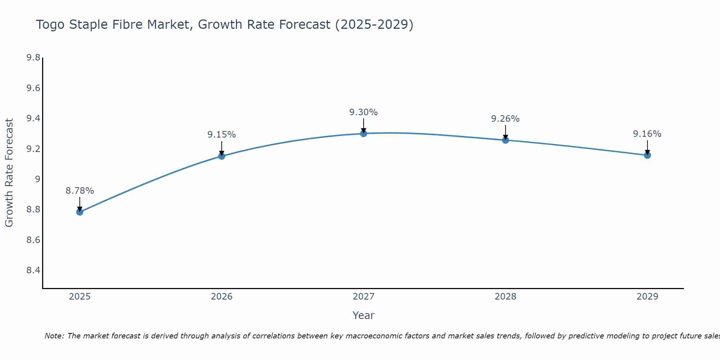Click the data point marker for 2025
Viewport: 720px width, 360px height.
(x=80, y=212)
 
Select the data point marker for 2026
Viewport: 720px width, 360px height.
(x=222, y=156)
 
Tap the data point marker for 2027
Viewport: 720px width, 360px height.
(x=364, y=134)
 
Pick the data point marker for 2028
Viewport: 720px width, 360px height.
(x=505, y=140)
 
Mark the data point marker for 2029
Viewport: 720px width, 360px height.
(x=647, y=155)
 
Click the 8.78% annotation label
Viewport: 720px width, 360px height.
(x=80, y=191)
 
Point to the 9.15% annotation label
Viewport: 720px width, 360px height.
(x=222, y=135)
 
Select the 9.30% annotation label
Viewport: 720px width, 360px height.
(x=364, y=112)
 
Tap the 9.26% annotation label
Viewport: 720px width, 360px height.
(x=505, y=119)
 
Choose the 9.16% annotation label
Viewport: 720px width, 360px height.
(x=647, y=134)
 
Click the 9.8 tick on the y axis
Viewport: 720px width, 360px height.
(x=33, y=58)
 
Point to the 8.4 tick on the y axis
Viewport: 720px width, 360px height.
(x=33, y=270)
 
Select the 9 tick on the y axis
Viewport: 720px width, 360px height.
(x=37, y=179)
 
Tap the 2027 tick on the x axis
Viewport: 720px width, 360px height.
(x=364, y=297)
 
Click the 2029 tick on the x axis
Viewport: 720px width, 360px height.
(x=647, y=297)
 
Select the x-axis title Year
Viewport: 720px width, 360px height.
(x=364, y=315)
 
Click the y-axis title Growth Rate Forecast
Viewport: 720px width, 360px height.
(x=9, y=173)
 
